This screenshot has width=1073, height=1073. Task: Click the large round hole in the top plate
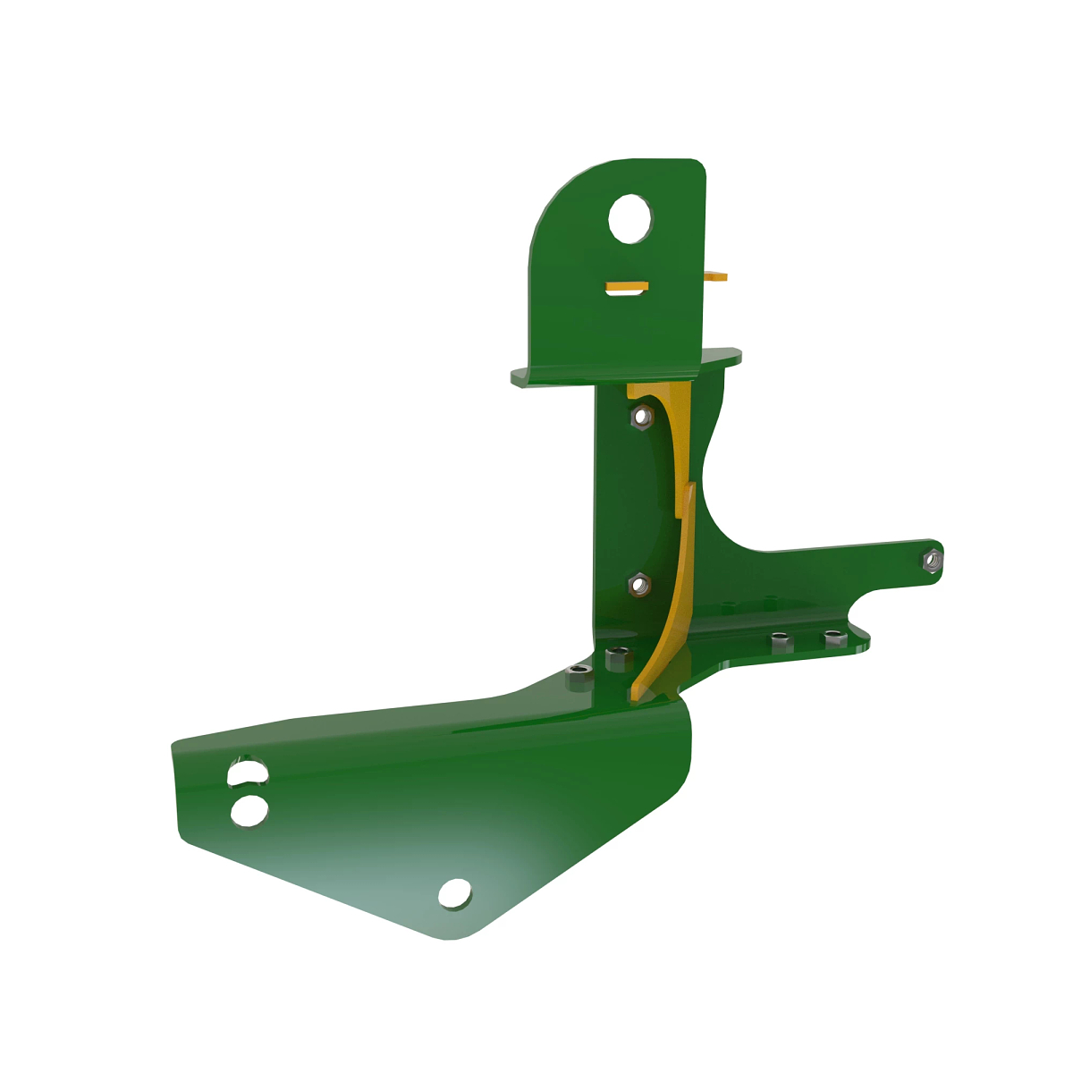point(629,218)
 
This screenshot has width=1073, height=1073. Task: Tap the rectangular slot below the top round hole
point(627,287)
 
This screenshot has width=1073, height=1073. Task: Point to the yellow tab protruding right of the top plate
point(717,277)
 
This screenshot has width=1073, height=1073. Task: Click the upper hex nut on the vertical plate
point(640,416)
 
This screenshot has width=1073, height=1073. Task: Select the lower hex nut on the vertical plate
point(639,586)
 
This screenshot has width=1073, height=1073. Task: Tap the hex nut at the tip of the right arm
point(931,561)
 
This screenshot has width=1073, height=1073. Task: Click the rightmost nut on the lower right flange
point(833,638)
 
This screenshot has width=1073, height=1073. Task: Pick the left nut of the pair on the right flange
point(781,641)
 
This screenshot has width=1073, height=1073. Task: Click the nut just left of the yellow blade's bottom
point(617,660)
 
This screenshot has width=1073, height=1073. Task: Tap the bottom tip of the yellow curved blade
point(637,692)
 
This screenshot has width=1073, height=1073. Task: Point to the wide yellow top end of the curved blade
point(657,391)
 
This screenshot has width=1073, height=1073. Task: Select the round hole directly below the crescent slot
point(249,811)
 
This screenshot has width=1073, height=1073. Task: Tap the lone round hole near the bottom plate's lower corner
point(455,892)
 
